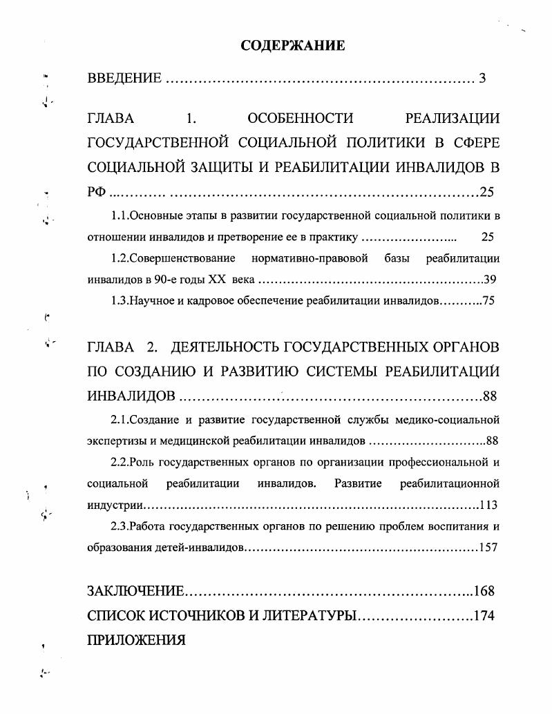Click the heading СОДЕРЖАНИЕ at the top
(292, 46)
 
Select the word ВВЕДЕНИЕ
(125, 79)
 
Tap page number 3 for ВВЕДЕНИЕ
(482, 79)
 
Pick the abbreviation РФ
(97, 192)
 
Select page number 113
(488, 505)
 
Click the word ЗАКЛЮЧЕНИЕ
(135, 591)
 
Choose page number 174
(484, 615)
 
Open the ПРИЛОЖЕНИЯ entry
(136, 639)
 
